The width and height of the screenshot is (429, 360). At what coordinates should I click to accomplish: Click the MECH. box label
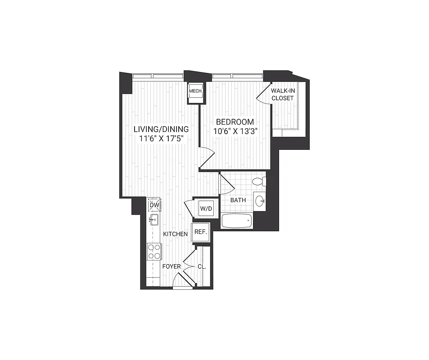pos(195,91)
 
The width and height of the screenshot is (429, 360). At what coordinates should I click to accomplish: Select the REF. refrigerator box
pos(200,232)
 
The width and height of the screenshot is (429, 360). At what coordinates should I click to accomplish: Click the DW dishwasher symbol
pos(154,205)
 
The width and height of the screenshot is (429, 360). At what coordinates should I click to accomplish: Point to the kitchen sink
pos(154,220)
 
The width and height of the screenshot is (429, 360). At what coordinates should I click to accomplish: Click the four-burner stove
pos(154,251)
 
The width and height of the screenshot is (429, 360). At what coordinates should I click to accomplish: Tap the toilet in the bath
pos(259,182)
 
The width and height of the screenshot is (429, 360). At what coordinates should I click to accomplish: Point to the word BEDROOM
pos(235,121)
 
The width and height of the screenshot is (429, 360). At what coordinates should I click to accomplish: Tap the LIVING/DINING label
pos(161,129)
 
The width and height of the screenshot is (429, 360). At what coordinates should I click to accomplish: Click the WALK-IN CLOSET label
pos(283,94)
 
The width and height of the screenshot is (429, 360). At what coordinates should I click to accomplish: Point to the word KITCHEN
pos(175,234)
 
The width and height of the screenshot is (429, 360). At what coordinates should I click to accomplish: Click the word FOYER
pos(172,266)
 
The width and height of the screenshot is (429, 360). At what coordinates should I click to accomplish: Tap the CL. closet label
pos(202,266)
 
